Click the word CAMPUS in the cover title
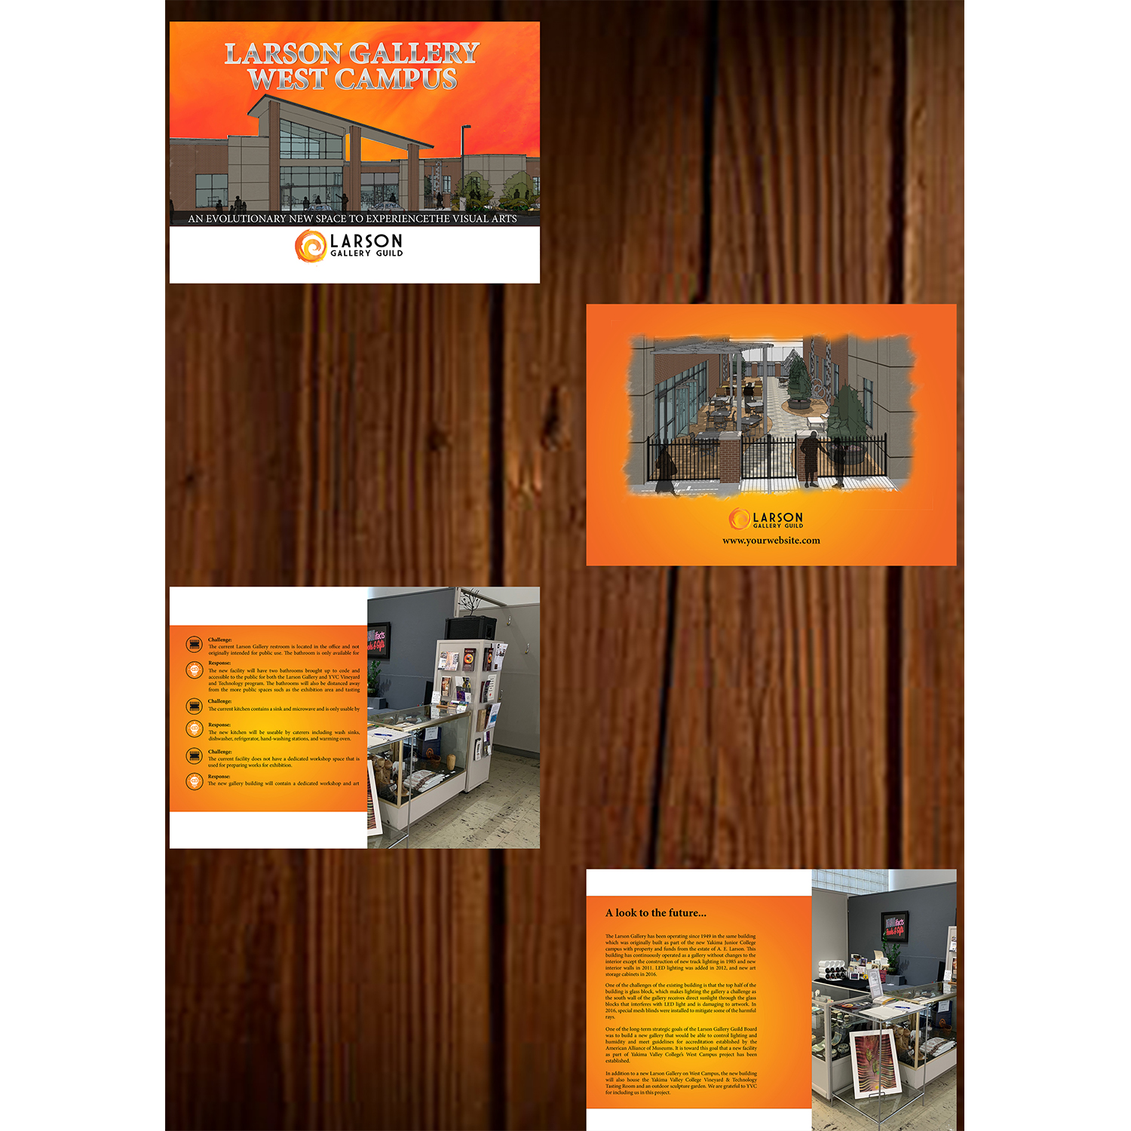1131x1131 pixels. [395, 79]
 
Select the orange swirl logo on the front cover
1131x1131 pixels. [310, 246]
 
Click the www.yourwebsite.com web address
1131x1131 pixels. [771, 541]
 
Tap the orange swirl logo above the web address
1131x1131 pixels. [739, 519]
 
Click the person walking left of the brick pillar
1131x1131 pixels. [667, 471]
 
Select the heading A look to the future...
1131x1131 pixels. [655, 913]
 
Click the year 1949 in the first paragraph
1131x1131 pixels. [705, 936]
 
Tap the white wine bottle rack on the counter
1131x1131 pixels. [833, 970]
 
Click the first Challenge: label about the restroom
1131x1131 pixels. [220, 639]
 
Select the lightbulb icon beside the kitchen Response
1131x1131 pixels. [195, 729]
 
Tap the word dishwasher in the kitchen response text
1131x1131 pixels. [221, 739]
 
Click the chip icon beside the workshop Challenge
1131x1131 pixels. [195, 755]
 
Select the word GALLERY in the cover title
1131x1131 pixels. [414, 54]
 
